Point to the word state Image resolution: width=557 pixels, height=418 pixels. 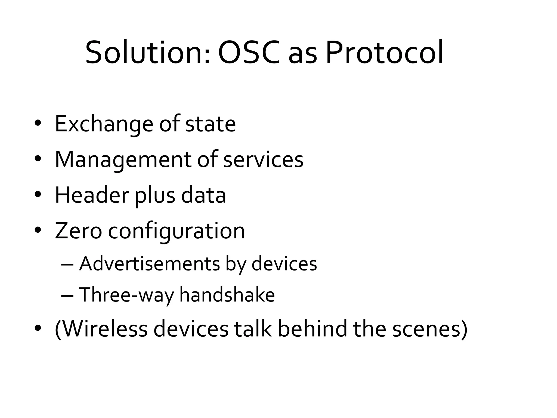tap(210, 124)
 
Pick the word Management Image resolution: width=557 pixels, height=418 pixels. tap(123, 160)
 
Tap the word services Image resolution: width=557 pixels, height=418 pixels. tap(263, 160)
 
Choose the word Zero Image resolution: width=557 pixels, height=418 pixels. tap(78, 231)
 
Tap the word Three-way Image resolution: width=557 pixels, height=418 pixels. tap(126, 295)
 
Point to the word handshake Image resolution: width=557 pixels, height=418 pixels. tap(227, 294)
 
